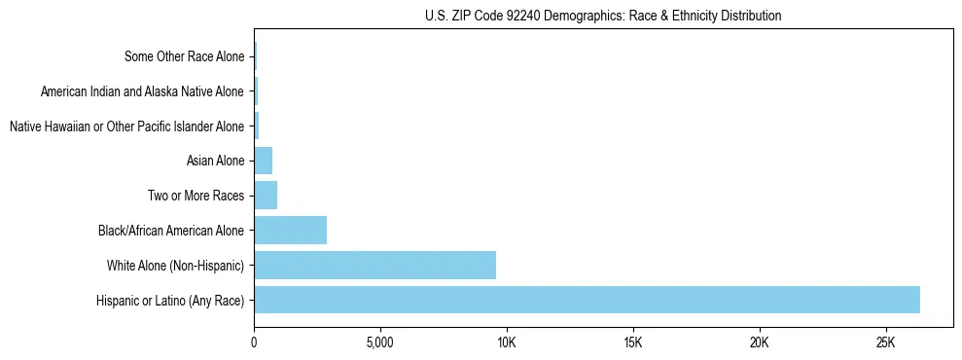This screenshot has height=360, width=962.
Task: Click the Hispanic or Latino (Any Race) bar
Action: click(587, 300)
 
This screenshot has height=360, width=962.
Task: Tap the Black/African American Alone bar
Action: click(290, 231)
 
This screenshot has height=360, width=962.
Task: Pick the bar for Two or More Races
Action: click(266, 196)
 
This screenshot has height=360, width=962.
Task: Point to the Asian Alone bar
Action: click(263, 161)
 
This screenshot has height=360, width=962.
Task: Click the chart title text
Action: click(603, 16)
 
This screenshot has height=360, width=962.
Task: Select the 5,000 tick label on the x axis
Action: click(379, 342)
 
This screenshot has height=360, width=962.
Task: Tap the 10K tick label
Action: click(506, 342)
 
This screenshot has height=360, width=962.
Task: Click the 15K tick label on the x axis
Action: click(632, 342)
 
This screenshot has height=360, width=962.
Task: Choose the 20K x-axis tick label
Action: click(759, 342)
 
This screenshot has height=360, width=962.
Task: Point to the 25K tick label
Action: click(885, 342)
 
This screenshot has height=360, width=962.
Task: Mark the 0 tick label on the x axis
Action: click(254, 342)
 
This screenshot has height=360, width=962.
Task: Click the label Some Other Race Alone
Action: click(185, 56)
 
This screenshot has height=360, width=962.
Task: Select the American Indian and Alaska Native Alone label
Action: click(143, 91)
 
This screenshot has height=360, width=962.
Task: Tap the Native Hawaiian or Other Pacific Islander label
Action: click(126, 126)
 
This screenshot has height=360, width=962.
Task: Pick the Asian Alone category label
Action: click(215, 161)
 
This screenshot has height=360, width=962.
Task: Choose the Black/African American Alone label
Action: click(171, 231)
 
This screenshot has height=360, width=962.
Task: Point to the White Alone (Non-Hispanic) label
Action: click(175, 266)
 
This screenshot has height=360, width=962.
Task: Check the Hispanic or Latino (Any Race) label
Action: click(170, 300)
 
